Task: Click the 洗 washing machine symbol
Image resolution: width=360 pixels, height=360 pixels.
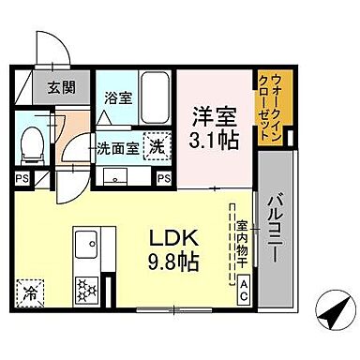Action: point(159,147)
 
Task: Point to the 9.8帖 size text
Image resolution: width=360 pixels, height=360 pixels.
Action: point(172,262)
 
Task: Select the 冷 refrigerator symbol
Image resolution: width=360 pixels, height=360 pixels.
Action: point(30,293)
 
